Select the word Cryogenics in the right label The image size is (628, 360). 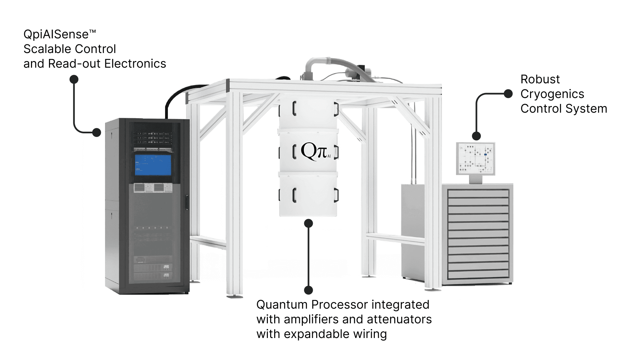[x=552, y=94]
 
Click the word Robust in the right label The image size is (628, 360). [x=540, y=79]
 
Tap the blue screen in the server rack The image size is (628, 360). [x=153, y=165]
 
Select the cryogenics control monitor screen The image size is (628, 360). [x=475, y=159]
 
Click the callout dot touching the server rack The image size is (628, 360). [x=97, y=132]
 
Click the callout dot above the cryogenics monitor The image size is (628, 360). [x=476, y=136]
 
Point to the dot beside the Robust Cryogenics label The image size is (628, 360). [x=508, y=94]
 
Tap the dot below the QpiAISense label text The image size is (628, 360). [x=74, y=79]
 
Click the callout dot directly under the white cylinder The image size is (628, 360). [x=309, y=223]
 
